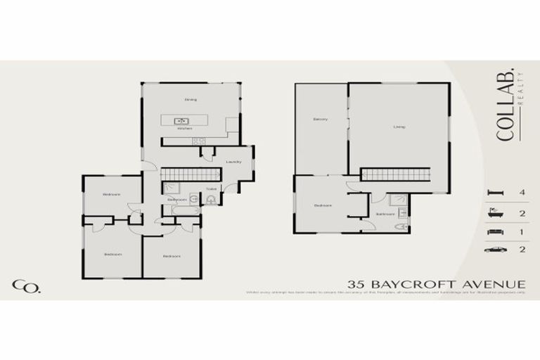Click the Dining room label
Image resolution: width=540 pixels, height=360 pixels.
[x=190, y=99]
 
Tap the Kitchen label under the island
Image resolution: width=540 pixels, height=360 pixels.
[x=184, y=129]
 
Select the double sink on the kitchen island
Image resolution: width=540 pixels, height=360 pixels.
[x=184, y=121]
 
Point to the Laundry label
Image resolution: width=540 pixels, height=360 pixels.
[x=233, y=162]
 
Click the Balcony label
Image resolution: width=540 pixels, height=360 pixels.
[x=321, y=120]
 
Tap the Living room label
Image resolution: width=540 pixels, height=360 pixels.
[x=399, y=127]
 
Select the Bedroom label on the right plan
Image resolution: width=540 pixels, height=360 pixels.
[x=322, y=205]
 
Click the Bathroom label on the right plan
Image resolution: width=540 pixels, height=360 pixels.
[x=384, y=214]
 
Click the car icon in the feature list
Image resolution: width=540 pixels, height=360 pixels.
[x=494, y=249]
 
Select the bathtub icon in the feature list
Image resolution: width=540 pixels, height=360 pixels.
[x=494, y=212]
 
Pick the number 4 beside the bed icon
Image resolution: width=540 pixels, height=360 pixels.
[x=521, y=191]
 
